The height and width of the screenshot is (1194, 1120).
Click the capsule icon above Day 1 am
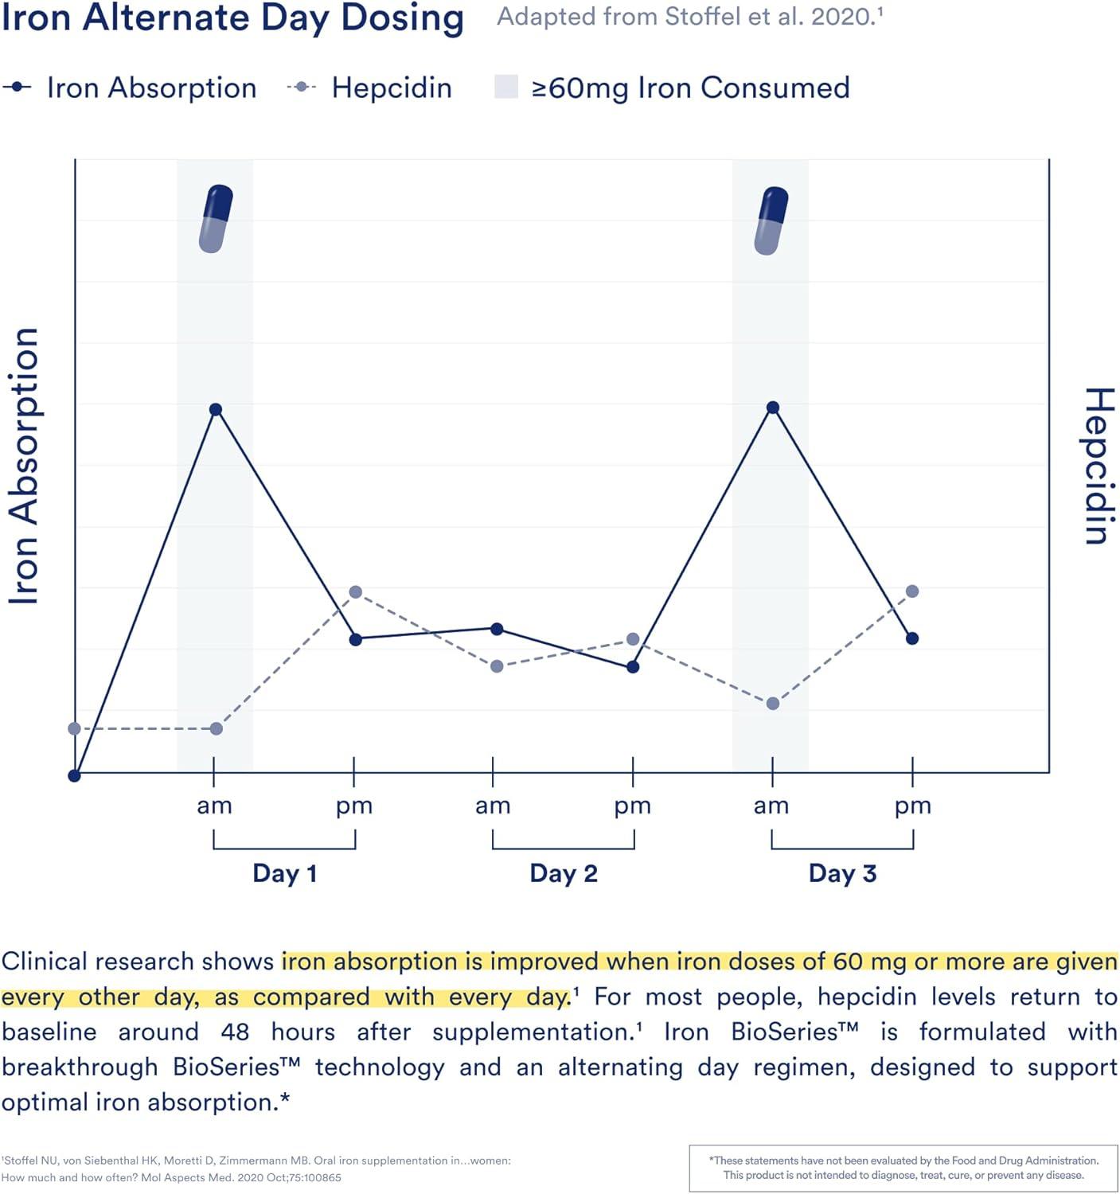216,219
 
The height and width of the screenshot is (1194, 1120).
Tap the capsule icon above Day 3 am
771,220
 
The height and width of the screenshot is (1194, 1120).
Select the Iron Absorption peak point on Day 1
216,410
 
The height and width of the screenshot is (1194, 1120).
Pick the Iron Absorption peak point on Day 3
772,408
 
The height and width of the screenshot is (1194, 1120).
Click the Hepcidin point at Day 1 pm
356,592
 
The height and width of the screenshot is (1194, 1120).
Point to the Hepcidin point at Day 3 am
772,704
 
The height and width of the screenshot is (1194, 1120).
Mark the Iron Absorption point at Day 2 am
497,629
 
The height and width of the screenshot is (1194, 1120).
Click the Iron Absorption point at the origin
75,776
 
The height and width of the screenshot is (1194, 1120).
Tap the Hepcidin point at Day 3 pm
912,591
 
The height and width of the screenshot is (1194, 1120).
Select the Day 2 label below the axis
564,873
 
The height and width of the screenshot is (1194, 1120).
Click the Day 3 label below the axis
842,873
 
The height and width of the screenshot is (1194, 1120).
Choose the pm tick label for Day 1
354,806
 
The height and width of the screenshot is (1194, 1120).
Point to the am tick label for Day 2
493,806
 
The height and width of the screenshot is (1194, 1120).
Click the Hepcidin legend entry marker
302,88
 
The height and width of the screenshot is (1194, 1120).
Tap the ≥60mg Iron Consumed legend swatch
506,87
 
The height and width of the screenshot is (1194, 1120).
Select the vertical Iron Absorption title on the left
24,466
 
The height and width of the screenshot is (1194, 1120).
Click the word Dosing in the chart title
402,18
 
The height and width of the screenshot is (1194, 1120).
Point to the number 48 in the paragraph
235,1032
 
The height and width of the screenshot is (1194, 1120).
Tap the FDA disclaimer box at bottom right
903,1168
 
